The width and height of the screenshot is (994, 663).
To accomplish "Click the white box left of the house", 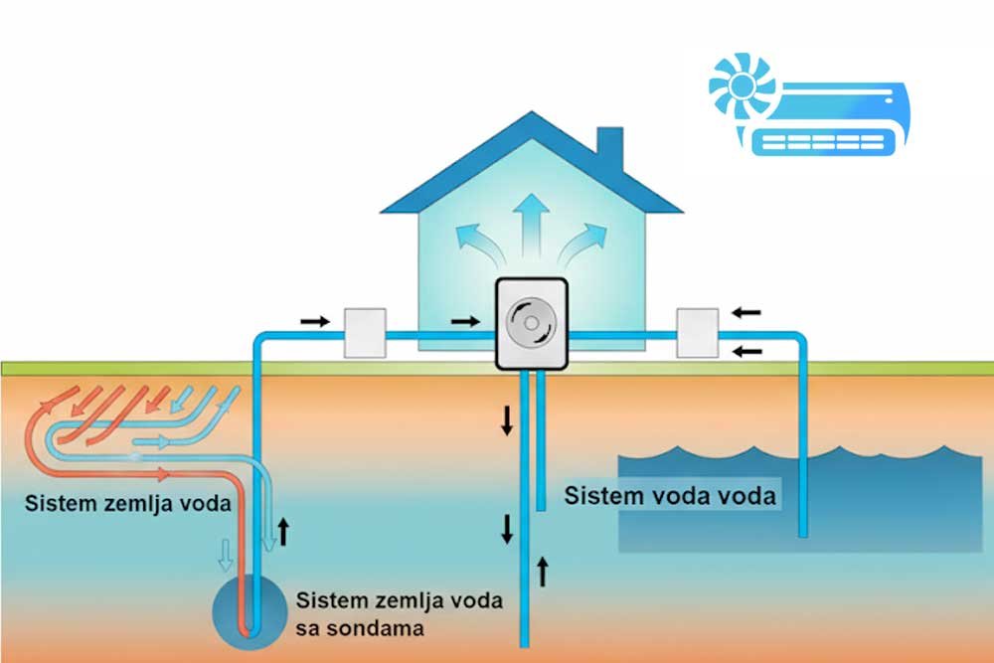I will [x=365, y=333].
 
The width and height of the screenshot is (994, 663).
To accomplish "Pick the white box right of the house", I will [x=697, y=333].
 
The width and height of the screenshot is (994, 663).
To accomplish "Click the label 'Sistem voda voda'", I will [x=670, y=494].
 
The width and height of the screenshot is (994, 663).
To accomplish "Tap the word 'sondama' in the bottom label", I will [x=361, y=628].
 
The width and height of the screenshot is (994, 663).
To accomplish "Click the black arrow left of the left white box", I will [x=314, y=321].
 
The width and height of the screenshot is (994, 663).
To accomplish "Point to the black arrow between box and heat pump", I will [x=463, y=321].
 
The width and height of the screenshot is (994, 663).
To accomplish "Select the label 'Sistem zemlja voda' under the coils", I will [x=128, y=504].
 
